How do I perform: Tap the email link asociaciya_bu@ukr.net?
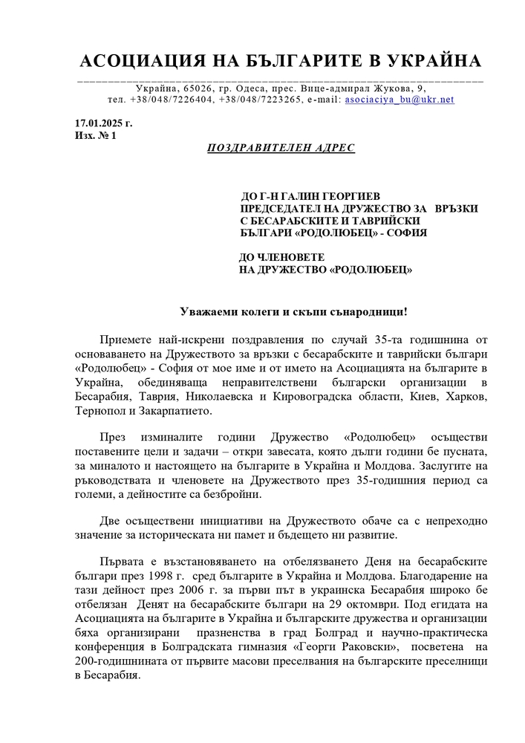click(x=400, y=99)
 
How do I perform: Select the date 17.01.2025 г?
click(x=103, y=123)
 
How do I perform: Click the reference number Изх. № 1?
click(x=95, y=135)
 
